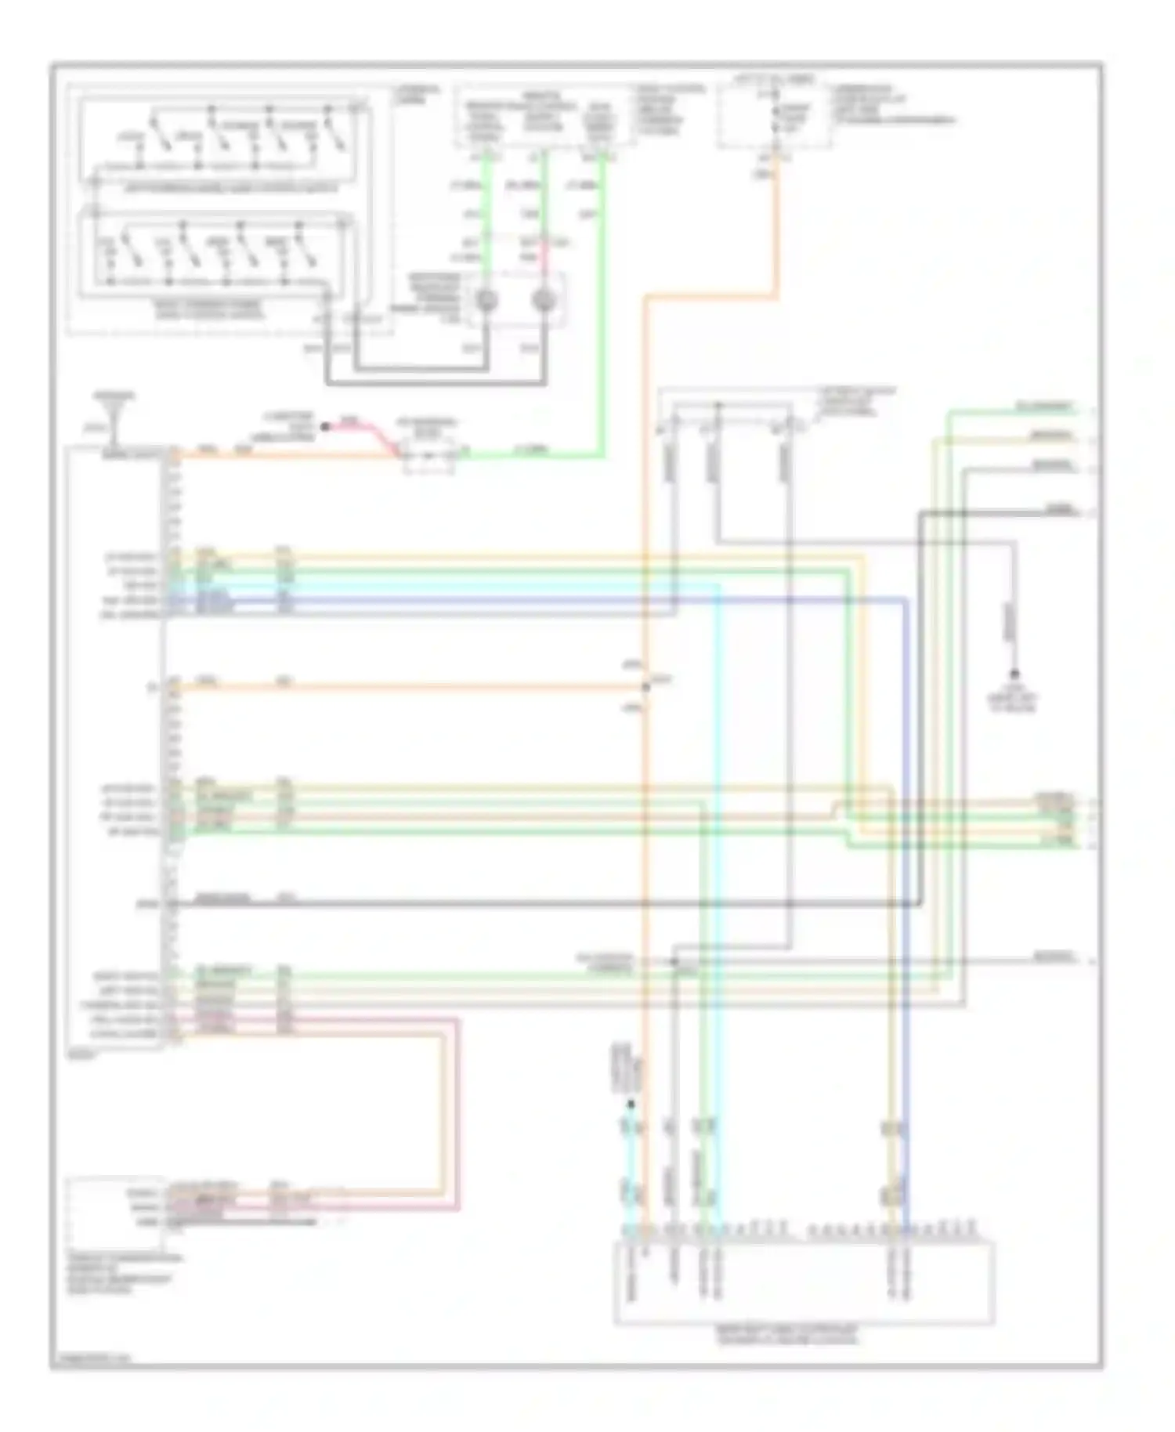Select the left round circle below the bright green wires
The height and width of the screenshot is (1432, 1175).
point(486,300)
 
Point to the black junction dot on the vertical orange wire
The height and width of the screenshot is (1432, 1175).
point(646,687)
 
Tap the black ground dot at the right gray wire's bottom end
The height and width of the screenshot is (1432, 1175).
point(1014,674)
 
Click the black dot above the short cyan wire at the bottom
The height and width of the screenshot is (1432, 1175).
point(631,1105)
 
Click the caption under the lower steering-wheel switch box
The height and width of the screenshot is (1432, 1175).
point(210,313)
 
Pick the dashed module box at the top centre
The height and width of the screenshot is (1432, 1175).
point(544,116)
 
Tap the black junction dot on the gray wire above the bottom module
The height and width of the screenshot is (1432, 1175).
point(674,960)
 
